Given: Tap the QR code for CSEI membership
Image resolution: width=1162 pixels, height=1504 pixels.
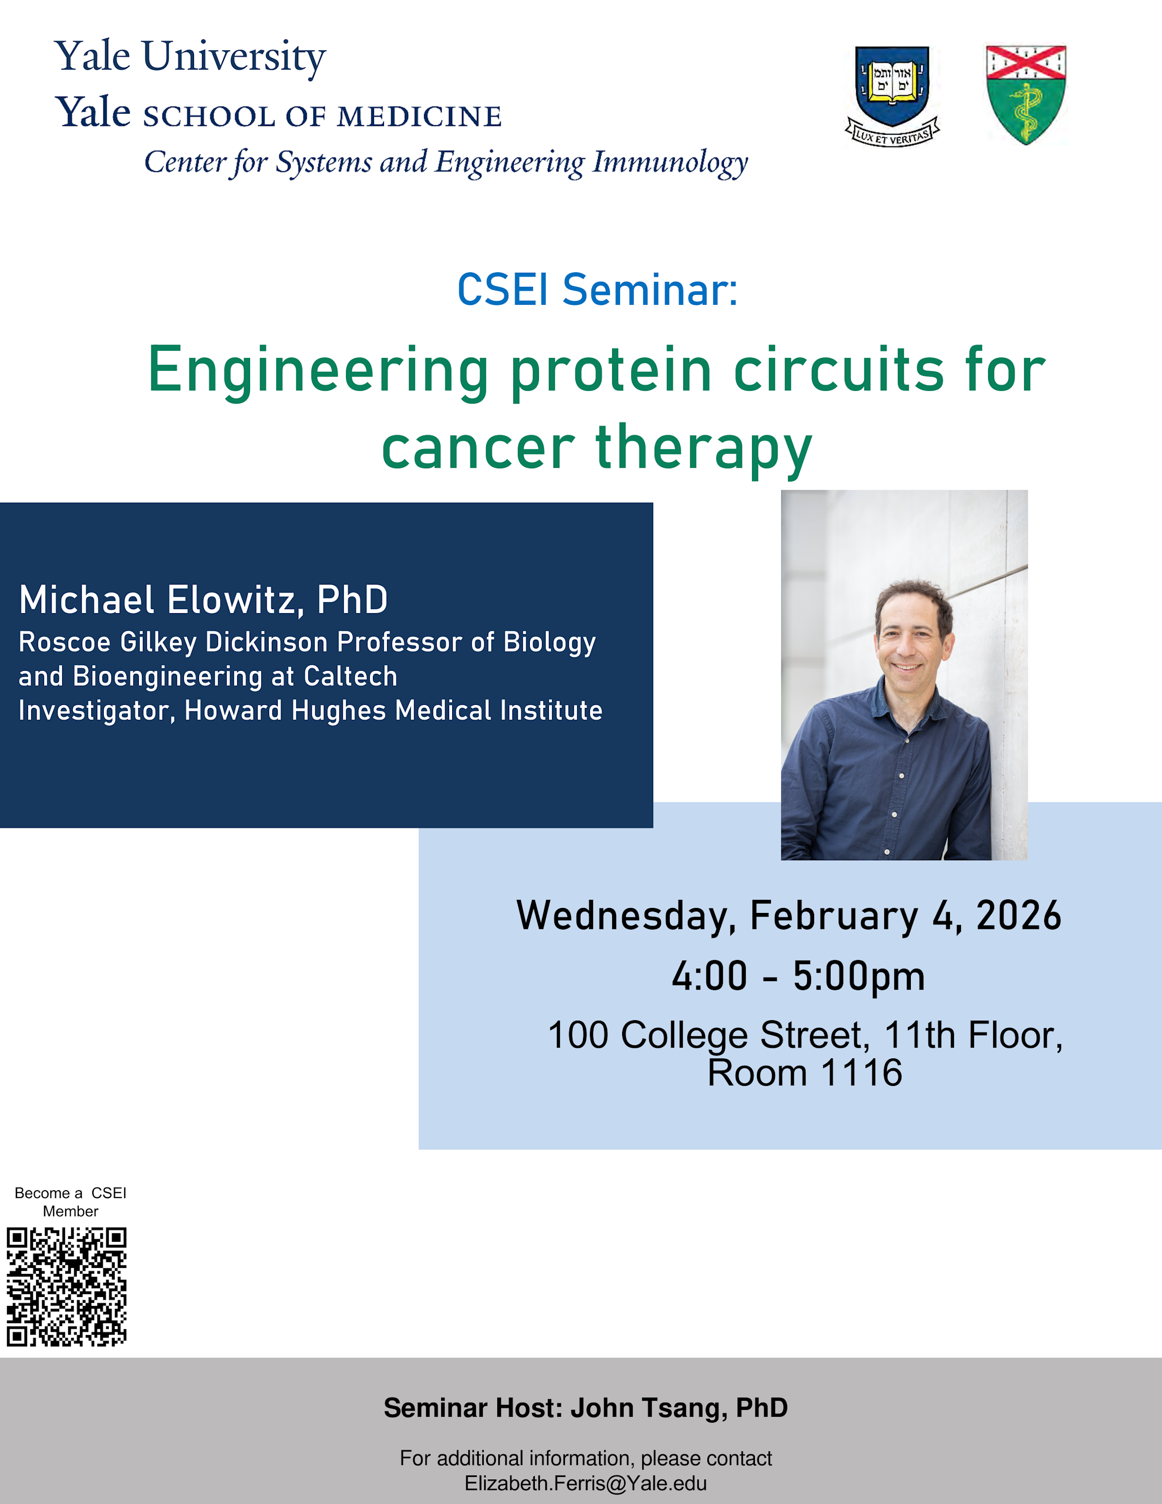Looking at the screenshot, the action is tap(67, 1286).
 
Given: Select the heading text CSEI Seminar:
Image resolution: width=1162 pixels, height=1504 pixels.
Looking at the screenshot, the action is tap(598, 289).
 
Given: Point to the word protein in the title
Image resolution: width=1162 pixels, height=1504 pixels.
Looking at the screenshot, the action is tap(611, 372).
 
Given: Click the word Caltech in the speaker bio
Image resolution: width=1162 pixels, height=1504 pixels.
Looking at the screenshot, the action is tap(350, 676).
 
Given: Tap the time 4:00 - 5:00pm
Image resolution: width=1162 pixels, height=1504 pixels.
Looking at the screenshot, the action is tap(799, 977).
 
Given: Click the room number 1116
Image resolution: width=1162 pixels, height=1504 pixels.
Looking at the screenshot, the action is tap(861, 1073).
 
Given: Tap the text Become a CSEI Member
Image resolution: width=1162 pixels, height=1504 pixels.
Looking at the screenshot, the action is tap(70, 1202).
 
